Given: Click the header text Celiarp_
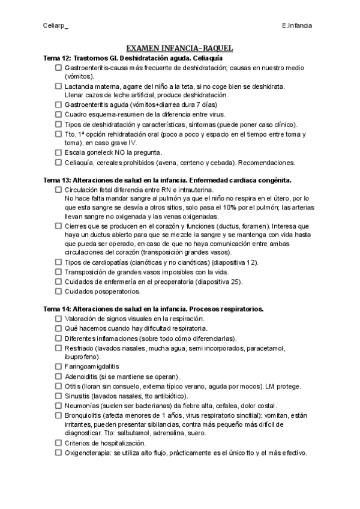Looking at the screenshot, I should [55, 26].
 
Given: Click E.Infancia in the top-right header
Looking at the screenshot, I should [296, 26].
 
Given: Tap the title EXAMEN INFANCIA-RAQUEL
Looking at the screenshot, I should [179, 49].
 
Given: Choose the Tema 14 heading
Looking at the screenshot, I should [154, 309].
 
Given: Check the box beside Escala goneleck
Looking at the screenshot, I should [58, 153].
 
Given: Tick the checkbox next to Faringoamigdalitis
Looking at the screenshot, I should [58, 366].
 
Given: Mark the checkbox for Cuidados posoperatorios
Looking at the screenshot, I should [58, 292].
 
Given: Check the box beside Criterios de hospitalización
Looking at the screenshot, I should [58, 443].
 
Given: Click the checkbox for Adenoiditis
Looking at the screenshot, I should [58, 376].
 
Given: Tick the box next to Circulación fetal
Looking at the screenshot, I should [58, 190].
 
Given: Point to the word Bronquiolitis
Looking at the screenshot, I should [83, 415].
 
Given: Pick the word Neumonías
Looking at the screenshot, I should [83, 405].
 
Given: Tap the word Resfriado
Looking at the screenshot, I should [79, 348].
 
